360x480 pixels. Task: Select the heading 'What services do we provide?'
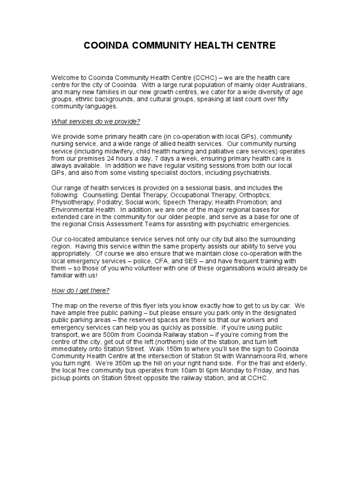96,121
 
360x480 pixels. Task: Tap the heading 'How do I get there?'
80,290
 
